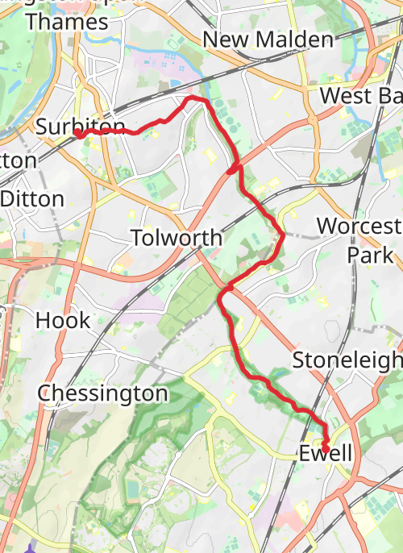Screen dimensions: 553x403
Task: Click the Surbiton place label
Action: tap(81, 127)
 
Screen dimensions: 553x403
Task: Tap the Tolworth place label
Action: tap(176, 238)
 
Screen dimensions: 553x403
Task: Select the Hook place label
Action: tap(63, 320)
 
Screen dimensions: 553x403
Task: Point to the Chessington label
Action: tap(103, 393)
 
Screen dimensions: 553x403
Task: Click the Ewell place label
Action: tap(326, 454)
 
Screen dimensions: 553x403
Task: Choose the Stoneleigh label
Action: tap(347, 360)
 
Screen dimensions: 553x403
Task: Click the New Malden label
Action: tap(268, 39)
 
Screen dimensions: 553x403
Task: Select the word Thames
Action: tap(66, 22)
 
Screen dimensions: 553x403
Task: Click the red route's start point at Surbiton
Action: tap(81, 135)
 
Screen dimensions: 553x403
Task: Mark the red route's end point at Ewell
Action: tap(326, 447)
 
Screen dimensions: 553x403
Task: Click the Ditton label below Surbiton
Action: tap(32, 199)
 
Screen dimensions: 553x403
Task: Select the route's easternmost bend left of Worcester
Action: tap(283, 235)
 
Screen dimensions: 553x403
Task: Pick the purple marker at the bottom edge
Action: tap(30, 549)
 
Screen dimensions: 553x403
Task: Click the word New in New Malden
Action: tap(222, 39)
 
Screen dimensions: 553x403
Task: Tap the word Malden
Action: tap(290, 39)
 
